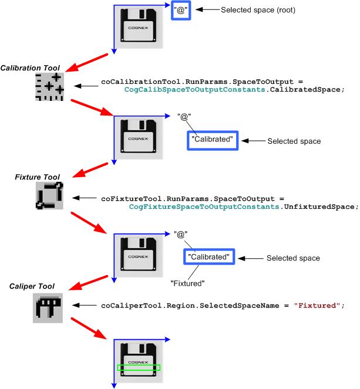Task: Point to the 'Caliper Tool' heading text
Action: [x=32, y=286]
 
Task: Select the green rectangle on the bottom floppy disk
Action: [x=139, y=368]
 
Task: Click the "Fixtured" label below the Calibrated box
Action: [x=187, y=283]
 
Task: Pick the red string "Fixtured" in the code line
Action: [x=317, y=306]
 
